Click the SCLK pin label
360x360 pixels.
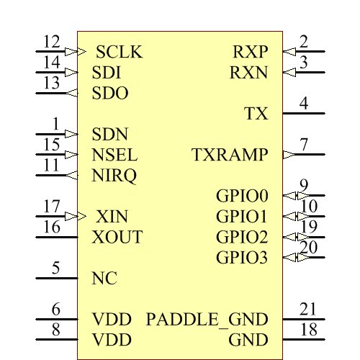[x=119, y=53]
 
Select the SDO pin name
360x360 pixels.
[x=110, y=94]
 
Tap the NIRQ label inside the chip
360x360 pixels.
[x=114, y=176]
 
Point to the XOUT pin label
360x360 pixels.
[x=117, y=238]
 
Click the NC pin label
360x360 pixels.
[x=104, y=279]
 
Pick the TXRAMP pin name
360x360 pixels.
[x=230, y=155]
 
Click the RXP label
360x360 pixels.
[x=250, y=53]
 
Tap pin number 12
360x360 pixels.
[x=51, y=42]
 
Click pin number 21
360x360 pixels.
[x=308, y=310]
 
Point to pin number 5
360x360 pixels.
[x=55, y=269]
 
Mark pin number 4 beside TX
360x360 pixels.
[x=304, y=104]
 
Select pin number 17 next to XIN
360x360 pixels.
[x=51, y=207]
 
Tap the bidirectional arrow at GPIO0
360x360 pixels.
[x=290, y=195]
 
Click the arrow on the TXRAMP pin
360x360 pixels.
[x=287, y=154]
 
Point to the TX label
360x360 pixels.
[x=256, y=114]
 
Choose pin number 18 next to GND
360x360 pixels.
[x=308, y=330]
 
